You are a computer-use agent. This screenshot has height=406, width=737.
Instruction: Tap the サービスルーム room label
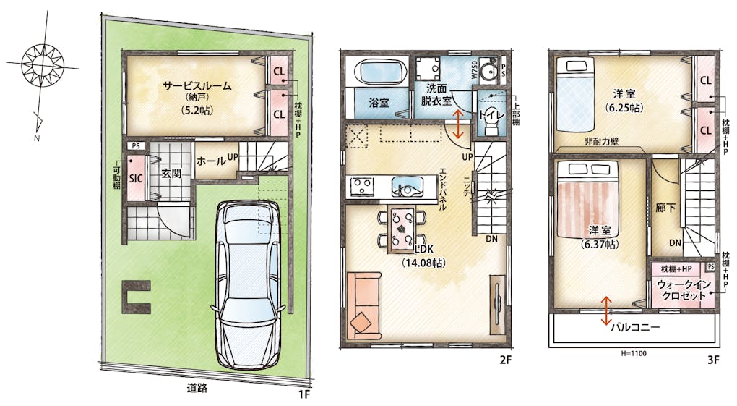[197, 86]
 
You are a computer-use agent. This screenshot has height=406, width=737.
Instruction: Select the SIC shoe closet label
[136, 179]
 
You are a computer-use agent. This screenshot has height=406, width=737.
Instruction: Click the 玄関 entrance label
[171, 173]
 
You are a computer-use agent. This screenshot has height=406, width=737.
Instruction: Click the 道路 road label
[197, 389]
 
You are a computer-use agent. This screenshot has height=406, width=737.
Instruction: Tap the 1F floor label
[304, 394]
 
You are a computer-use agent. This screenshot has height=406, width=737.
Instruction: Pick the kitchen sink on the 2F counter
[408, 187]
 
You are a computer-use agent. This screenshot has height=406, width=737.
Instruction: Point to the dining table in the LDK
[402, 229]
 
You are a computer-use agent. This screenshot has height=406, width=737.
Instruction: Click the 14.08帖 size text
[423, 263]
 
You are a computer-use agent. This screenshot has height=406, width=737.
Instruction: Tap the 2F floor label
[505, 361]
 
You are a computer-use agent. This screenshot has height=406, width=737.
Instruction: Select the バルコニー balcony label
[635, 327]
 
